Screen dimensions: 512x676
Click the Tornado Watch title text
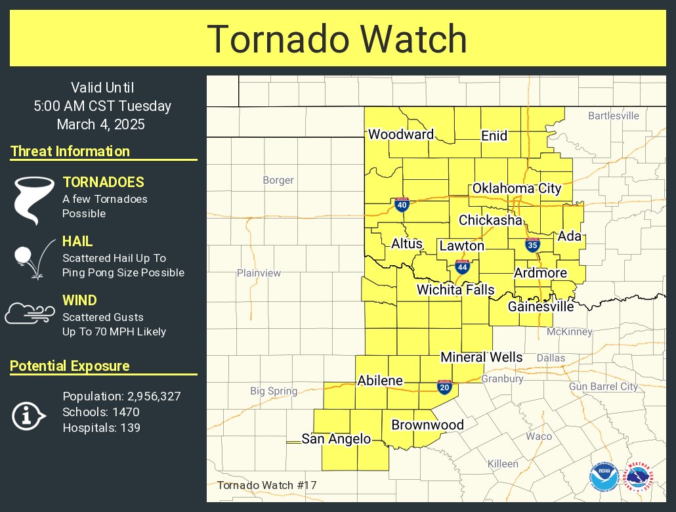pos(337,39)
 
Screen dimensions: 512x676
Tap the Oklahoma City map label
pos(517,188)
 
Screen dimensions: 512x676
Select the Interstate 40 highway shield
pos(402,205)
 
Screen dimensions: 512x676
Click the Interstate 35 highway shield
pos(532,245)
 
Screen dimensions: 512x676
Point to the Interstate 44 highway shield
pos(462,267)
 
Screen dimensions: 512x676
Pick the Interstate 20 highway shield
pos(444,387)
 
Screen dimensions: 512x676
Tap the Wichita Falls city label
pos(455,289)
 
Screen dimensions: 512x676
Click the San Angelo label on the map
pos(336,439)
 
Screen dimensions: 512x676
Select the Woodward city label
pos(400,135)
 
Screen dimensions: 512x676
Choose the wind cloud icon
pos(30,314)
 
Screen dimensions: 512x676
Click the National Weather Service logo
pos(638,477)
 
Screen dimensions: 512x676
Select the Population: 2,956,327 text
pos(121,396)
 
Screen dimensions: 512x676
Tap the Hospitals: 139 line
pos(101,428)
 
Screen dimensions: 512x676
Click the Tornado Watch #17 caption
pos(266,485)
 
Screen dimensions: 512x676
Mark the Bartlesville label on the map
pos(613,116)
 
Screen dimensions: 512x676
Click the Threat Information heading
pos(70,152)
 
